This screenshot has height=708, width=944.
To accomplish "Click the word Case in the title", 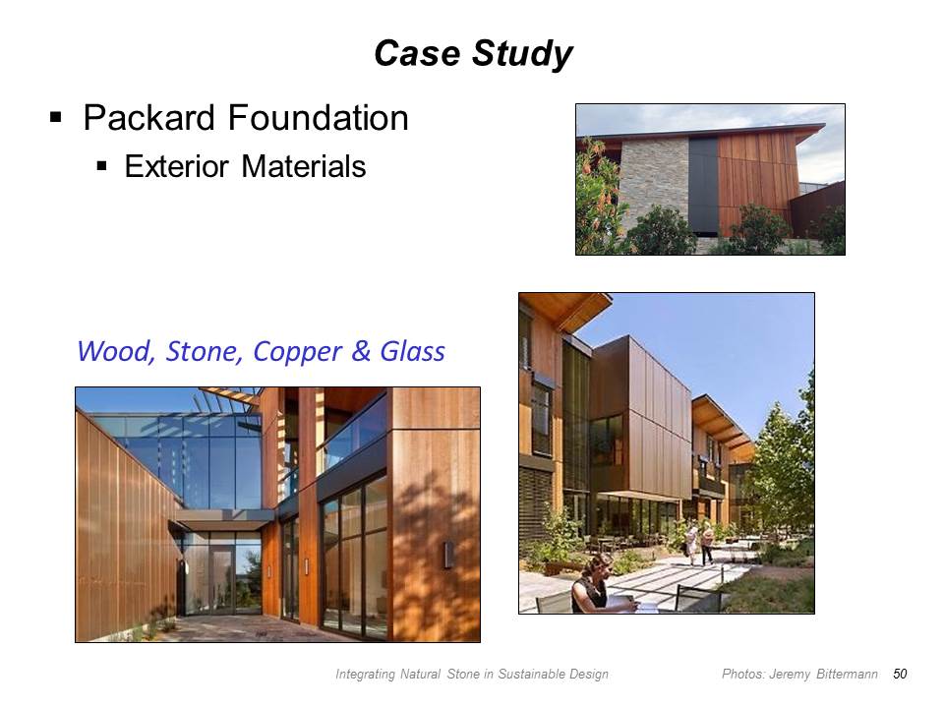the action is [x=417, y=53].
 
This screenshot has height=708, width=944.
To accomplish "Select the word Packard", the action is [x=148, y=117].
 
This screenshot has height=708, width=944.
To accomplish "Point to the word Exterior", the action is [x=176, y=166].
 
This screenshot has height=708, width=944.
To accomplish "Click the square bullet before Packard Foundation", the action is [x=56, y=117].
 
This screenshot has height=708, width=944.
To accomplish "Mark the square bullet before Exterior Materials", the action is [x=101, y=166].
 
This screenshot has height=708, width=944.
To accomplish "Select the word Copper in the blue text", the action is [x=297, y=352].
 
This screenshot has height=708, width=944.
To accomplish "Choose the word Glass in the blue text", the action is [x=412, y=351].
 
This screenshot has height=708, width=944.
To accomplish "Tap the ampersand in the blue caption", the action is [x=361, y=351].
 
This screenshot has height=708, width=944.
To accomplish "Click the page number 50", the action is [x=900, y=674].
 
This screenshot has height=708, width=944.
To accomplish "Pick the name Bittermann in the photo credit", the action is [x=847, y=674].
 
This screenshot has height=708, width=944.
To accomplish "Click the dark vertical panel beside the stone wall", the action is [x=703, y=186].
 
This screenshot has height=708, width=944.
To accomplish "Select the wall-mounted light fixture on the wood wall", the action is [x=448, y=555].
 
